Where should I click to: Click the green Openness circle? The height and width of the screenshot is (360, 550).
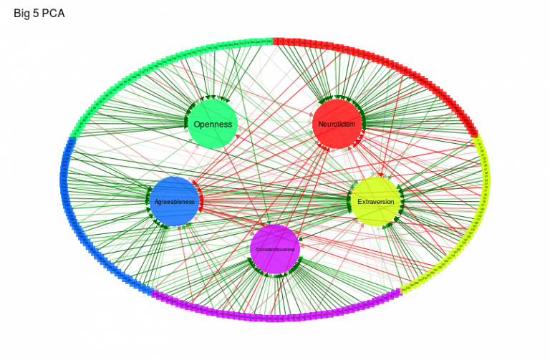click(x=213, y=124)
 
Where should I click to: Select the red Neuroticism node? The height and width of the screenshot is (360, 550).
click(x=337, y=124)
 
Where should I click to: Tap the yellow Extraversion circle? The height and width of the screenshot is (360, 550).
click(x=376, y=202)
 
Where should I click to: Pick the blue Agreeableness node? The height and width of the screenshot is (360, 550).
click(x=175, y=202)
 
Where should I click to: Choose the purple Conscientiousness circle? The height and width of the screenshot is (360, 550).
click(x=275, y=249)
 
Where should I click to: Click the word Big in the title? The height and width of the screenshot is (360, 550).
click(x=22, y=13)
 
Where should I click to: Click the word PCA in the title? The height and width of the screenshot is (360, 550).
click(x=53, y=13)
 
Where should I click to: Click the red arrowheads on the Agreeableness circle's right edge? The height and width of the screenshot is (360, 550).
click(x=201, y=202)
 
